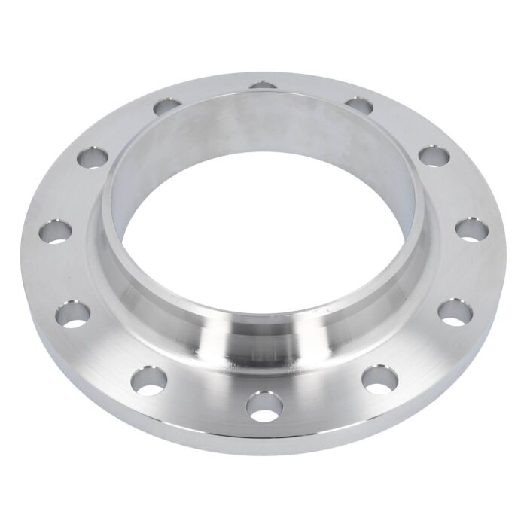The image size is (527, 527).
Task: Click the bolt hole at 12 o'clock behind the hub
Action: [x=262, y=84]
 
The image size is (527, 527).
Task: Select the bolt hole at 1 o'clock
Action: [x=360, y=105]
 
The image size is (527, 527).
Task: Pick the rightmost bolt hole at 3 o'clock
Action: [x=470, y=229]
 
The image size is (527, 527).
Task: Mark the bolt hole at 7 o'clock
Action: [x=148, y=379]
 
